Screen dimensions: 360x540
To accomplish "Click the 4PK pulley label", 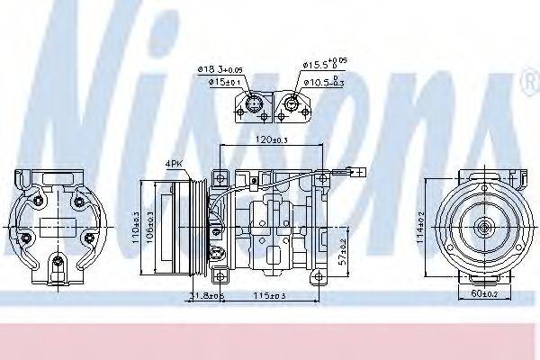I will (x=173, y=163).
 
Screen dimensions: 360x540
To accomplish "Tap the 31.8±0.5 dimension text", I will (x=207, y=295).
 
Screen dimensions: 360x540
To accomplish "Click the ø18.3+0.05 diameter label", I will (x=220, y=70).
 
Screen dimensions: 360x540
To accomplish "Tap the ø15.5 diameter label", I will (x=324, y=65).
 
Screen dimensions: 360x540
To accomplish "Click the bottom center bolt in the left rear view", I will (x=58, y=263).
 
